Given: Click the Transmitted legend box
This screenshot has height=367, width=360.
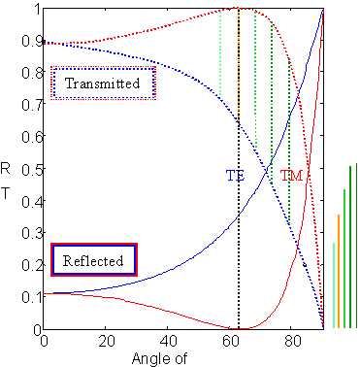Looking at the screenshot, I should point(104,83).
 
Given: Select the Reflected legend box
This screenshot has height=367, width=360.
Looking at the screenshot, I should point(92,260).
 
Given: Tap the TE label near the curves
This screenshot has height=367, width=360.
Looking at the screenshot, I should point(235,176).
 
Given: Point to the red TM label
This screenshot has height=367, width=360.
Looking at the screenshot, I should point(292,176).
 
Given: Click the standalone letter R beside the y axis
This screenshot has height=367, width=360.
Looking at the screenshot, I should point(8,169).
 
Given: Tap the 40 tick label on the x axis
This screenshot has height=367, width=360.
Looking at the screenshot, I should point(169,343).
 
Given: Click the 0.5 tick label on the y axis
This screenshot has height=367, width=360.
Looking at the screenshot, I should point(29,170).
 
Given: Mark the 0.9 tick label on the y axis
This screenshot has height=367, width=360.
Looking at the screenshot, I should point(29,43).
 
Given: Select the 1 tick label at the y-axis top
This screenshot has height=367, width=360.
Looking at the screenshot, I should point(36,11).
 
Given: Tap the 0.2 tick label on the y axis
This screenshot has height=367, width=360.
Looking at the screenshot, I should point(29,265).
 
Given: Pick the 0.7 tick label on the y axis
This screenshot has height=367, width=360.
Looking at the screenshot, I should point(29,106).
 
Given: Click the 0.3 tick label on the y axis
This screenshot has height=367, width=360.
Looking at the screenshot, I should point(29,234).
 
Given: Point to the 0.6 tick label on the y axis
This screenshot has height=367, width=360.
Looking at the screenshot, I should point(29,138).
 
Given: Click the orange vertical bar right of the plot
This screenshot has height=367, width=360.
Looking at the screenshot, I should point(339,272).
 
